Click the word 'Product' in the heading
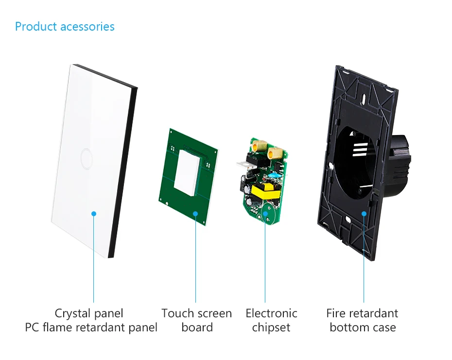36,26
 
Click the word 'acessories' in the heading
87,26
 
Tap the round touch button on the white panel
86,157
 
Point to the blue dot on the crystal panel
94,213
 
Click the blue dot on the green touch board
196,213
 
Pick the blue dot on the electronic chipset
265,213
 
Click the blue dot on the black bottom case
364,213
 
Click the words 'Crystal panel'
89,313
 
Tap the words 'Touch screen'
196,313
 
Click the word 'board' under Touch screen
197,327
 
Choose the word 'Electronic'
271,313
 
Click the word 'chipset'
271,327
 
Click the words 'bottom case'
363,327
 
